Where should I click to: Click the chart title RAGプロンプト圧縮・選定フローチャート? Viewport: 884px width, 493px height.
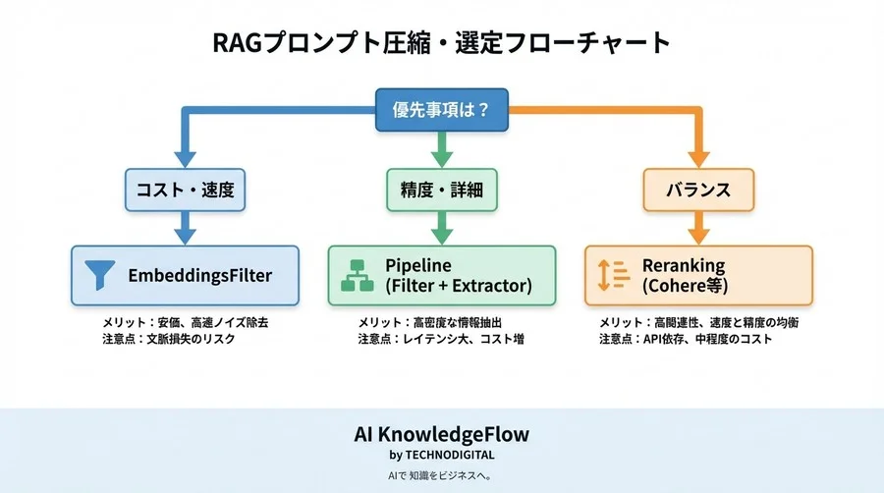pos(441,44)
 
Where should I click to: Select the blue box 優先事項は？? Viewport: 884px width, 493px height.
pos(441,110)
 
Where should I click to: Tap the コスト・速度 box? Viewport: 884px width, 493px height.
pos(183,190)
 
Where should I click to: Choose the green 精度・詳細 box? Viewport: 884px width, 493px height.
pos(441,190)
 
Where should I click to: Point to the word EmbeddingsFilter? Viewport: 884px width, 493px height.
pos(199,275)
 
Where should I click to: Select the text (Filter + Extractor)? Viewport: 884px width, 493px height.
pos(458,286)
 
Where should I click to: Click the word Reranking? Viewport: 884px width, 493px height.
pos(684,265)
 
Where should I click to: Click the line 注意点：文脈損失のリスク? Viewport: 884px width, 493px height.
pos(169,340)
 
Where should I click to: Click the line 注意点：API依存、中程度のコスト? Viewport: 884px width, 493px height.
pos(686,340)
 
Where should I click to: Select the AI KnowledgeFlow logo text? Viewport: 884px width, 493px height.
pos(441,434)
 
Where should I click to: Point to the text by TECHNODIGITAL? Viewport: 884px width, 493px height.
pos(441,455)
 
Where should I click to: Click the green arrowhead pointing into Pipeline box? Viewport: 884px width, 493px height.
pos(441,235)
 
